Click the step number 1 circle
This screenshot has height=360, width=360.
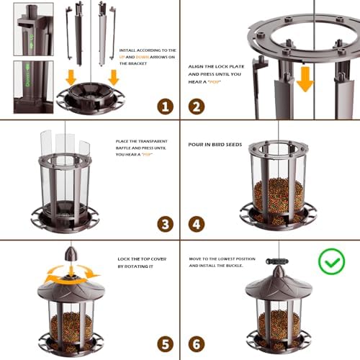click(166, 107)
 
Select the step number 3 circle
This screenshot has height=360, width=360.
click(166, 224)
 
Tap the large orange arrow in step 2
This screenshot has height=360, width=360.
click(306, 80)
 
